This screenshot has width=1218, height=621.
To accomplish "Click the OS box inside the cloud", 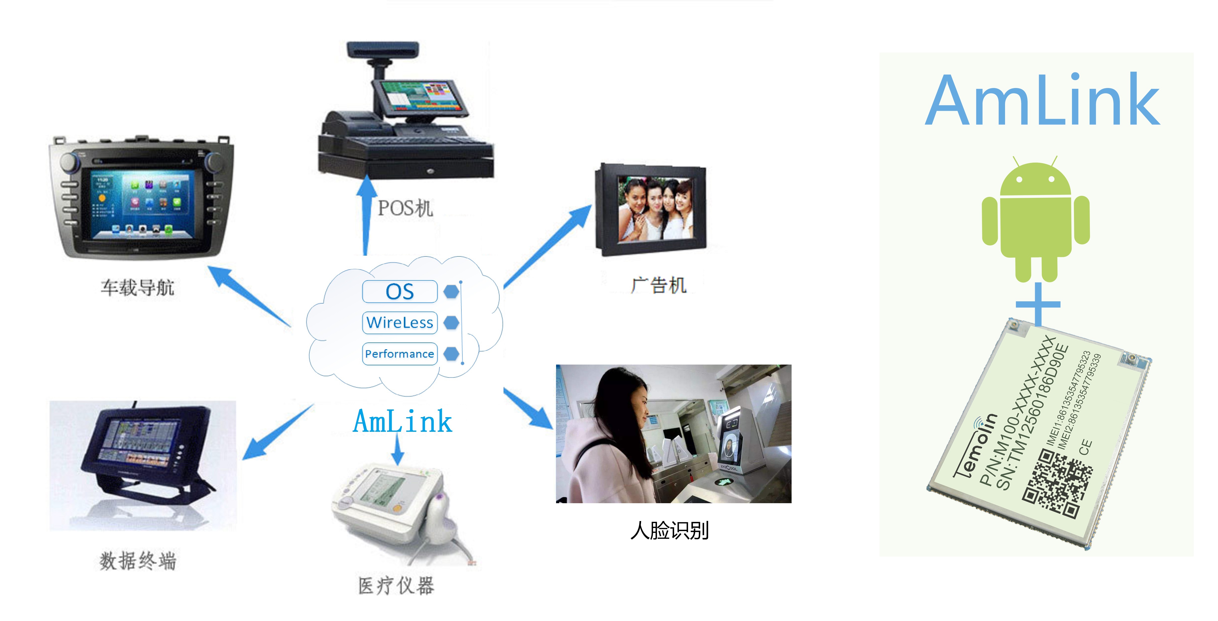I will click(x=400, y=291).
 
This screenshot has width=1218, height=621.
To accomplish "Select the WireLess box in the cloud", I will click(x=400, y=323).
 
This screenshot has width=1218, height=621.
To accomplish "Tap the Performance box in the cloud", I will click(x=400, y=354).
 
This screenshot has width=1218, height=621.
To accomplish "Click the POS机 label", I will click(x=405, y=208).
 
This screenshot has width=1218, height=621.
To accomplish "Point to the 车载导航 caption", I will click(x=137, y=287).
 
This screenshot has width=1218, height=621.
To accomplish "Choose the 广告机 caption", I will click(x=658, y=285).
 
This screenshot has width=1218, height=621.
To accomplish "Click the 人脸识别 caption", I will click(x=670, y=531).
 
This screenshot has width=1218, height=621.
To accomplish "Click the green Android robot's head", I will click(x=1036, y=180).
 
